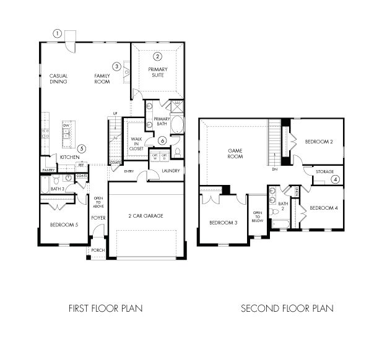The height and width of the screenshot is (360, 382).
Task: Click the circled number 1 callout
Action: point(57,33)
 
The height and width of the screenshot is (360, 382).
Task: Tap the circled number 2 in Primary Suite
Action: point(158,56)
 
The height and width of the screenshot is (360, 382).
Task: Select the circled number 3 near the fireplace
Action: point(116,66)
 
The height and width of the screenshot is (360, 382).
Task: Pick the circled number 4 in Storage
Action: point(335,179)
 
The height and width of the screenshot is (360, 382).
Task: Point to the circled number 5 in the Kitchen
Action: point(82,148)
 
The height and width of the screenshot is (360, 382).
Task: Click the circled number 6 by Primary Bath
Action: point(162,141)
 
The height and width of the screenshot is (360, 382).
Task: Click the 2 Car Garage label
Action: point(146,215)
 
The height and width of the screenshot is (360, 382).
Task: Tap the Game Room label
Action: point(235,153)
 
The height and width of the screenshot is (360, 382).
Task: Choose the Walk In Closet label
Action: point(136,144)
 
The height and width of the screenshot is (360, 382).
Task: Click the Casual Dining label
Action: point(59,79)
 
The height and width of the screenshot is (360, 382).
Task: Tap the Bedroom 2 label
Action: point(319,142)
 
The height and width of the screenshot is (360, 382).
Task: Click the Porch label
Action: point(98,251)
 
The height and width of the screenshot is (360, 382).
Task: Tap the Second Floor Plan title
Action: point(287,308)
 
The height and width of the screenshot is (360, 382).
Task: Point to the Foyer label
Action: point(98,218)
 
